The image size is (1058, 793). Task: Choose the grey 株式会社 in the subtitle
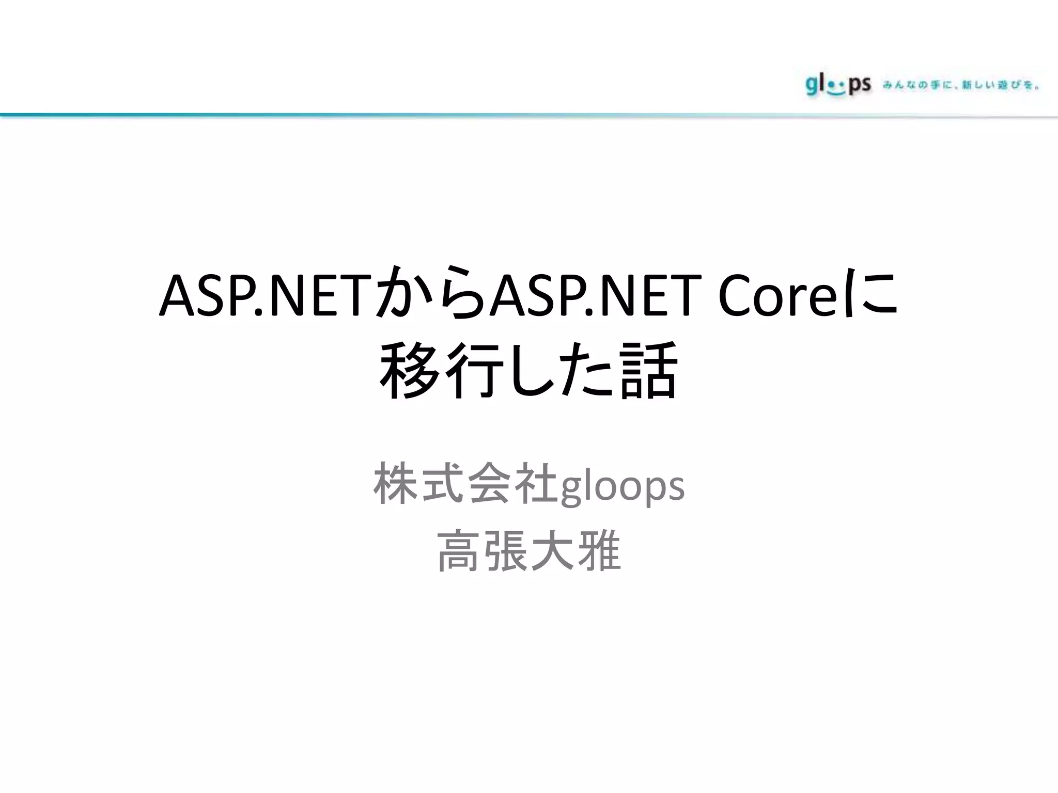[465, 484]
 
